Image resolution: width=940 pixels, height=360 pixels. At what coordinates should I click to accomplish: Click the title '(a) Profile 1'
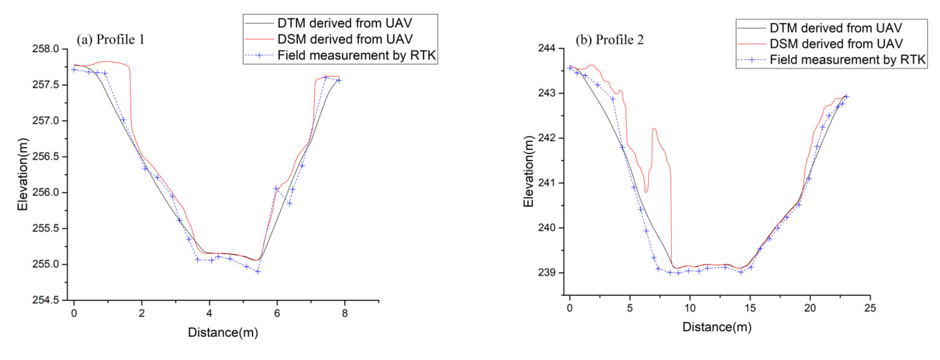110,39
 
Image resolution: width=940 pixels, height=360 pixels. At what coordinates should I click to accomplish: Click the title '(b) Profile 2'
609,39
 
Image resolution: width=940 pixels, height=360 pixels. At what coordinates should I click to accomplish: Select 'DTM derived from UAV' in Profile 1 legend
344,23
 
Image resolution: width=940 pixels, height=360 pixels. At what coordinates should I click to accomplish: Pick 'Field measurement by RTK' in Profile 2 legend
847,59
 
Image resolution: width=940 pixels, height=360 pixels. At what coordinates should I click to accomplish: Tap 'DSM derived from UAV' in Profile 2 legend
836,44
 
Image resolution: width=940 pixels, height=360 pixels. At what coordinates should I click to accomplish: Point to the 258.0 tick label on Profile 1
45,49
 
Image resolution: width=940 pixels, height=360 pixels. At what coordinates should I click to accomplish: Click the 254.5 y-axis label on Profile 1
45,300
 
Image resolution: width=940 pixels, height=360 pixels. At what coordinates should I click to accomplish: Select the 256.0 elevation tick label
45,192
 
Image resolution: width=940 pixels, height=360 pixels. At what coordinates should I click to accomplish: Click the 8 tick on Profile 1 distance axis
344,313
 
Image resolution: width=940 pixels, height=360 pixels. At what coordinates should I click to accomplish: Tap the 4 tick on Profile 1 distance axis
209,313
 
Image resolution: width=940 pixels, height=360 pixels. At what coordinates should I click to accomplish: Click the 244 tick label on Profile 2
546,48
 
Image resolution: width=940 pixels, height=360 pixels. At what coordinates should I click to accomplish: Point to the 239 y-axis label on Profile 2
546,272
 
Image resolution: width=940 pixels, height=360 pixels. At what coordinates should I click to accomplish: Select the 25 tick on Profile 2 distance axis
870,308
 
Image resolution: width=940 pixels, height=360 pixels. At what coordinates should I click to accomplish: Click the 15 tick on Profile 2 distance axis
750,308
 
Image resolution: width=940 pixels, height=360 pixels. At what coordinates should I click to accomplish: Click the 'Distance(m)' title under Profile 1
223,332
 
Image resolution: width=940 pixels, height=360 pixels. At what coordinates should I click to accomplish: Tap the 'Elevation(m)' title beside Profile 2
528,172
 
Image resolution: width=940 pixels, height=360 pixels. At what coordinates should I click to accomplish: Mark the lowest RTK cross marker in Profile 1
258,272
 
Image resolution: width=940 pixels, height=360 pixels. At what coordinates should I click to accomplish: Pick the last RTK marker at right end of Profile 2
847,97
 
